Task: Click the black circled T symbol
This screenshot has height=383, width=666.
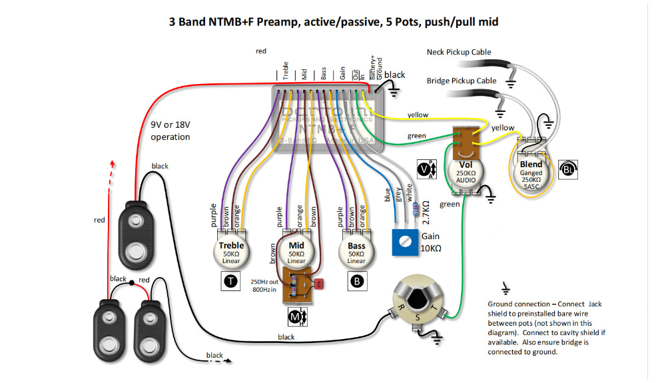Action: coord(230,282)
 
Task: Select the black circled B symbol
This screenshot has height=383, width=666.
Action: coord(358,282)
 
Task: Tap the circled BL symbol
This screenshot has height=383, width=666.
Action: coord(567,169)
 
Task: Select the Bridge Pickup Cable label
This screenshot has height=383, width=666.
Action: coord(462,81)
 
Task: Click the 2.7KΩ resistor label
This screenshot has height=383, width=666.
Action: coord(426,212)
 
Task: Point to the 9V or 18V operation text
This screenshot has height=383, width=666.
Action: coord(170,131)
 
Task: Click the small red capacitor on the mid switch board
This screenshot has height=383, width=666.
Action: coord(319,283)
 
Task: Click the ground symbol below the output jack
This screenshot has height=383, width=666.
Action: coord(436,339)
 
